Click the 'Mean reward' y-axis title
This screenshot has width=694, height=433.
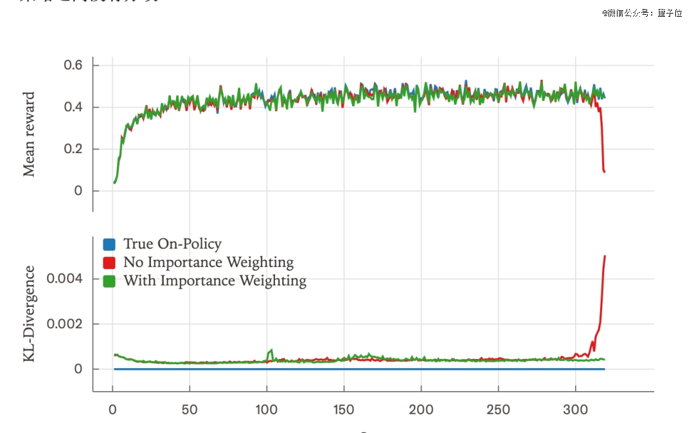(29, 134)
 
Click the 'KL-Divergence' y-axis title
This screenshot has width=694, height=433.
(29, 314)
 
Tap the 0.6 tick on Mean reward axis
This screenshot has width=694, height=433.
(73, 65)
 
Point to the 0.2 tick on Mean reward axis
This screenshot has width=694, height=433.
(73, 149)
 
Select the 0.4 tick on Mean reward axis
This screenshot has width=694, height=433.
(73, 107)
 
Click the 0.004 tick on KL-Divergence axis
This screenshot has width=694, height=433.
(64, 279)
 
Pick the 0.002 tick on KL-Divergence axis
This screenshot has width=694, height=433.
(64, 324)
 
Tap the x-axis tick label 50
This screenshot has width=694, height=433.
(190, 410)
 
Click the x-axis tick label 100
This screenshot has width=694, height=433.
(267, 410)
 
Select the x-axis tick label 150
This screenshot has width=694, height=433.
(344, 410)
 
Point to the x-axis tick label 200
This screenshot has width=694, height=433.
(421, 410)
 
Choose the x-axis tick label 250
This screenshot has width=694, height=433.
(498, 410)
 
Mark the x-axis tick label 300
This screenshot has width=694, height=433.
(575, 410)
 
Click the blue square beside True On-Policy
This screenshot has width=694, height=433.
(109, 244)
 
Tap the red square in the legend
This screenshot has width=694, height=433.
(109, 263)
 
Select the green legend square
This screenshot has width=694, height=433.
(109, 281)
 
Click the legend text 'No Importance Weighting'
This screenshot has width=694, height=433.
(208, 263)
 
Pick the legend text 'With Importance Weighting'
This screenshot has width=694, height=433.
(215, 281)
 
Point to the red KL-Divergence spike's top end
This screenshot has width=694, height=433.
(605, 256)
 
